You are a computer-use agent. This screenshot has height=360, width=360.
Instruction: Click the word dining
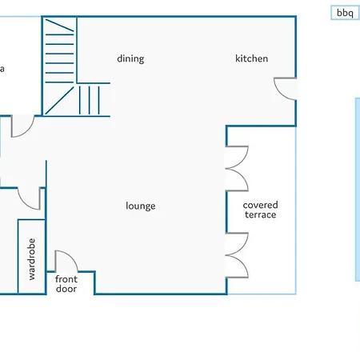coord(130,58)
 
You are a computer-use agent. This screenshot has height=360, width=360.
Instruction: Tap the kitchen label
coord(251,58)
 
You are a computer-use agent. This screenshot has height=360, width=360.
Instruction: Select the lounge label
coord(141,206)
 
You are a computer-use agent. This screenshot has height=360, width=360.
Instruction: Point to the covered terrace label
coord(260,210)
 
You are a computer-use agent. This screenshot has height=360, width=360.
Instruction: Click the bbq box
coord(345,13)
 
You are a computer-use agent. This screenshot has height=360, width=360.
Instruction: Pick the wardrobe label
coord(31,259)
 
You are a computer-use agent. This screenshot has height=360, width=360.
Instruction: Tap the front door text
coord(66,284)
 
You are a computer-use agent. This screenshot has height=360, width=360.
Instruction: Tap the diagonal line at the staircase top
coord(59,26)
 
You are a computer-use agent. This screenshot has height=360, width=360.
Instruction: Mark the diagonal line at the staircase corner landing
coord(59,100)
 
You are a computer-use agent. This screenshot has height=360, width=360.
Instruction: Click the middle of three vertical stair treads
coord(89,100)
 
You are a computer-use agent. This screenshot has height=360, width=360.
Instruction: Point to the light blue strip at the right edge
coord(358,190)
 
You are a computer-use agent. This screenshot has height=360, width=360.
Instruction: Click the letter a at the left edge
coord(2,69)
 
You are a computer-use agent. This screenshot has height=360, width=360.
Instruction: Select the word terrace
coord(261,214)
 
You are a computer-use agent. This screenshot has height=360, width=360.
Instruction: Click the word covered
coord(260,205)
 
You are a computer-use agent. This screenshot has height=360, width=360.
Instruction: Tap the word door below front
coord(66,289)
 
